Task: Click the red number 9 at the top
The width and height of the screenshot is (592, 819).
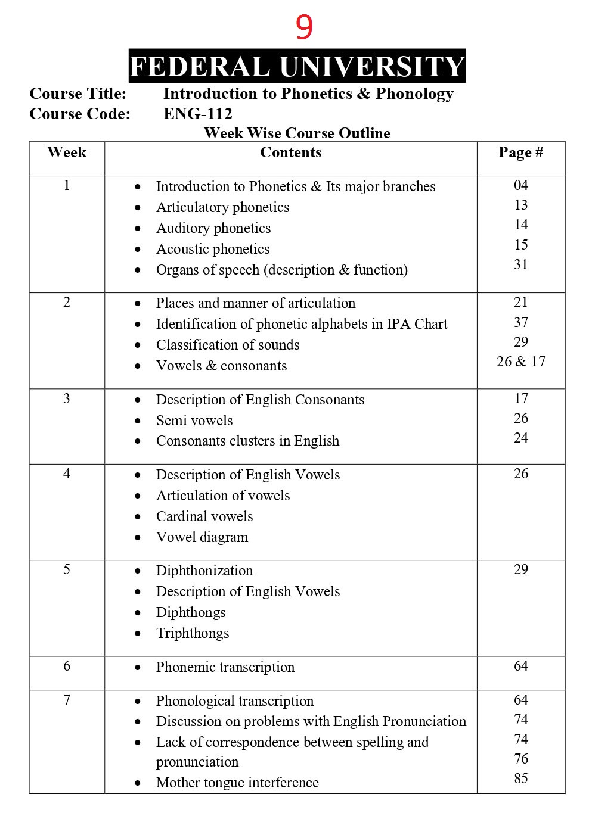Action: (304, 27)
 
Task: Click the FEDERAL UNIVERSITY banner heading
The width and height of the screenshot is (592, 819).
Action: (297, 66)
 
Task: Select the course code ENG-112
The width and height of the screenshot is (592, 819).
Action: (197, 114)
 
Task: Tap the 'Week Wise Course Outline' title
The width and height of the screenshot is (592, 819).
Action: (297, 133)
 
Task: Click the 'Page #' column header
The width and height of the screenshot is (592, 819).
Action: (520, 152)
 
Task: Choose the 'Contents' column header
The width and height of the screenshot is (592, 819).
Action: (290, 152)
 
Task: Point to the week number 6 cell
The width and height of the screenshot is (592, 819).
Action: (67, 666)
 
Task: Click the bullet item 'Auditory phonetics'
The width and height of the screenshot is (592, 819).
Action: (213, 228)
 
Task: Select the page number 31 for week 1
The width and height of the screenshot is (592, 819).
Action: (520, 264)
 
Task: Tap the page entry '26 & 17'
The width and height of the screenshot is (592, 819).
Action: (520, 362)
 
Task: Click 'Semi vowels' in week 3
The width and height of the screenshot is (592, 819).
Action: (194, 421)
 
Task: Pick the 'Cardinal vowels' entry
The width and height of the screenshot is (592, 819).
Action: (204, 516)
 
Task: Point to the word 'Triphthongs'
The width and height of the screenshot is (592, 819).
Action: (193, 633)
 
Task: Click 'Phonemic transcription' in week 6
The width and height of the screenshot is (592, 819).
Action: (225, 667)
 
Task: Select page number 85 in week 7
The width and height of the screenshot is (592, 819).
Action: (520, 778)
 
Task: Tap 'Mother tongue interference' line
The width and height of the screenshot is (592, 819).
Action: (237, 783)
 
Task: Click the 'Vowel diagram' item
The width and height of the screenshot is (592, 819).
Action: (202, 537)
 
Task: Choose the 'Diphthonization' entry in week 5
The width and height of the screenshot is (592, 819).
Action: (204, 571)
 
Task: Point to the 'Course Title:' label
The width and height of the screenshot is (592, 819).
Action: (78, 94)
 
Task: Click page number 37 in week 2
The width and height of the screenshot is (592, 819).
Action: (520, 322)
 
